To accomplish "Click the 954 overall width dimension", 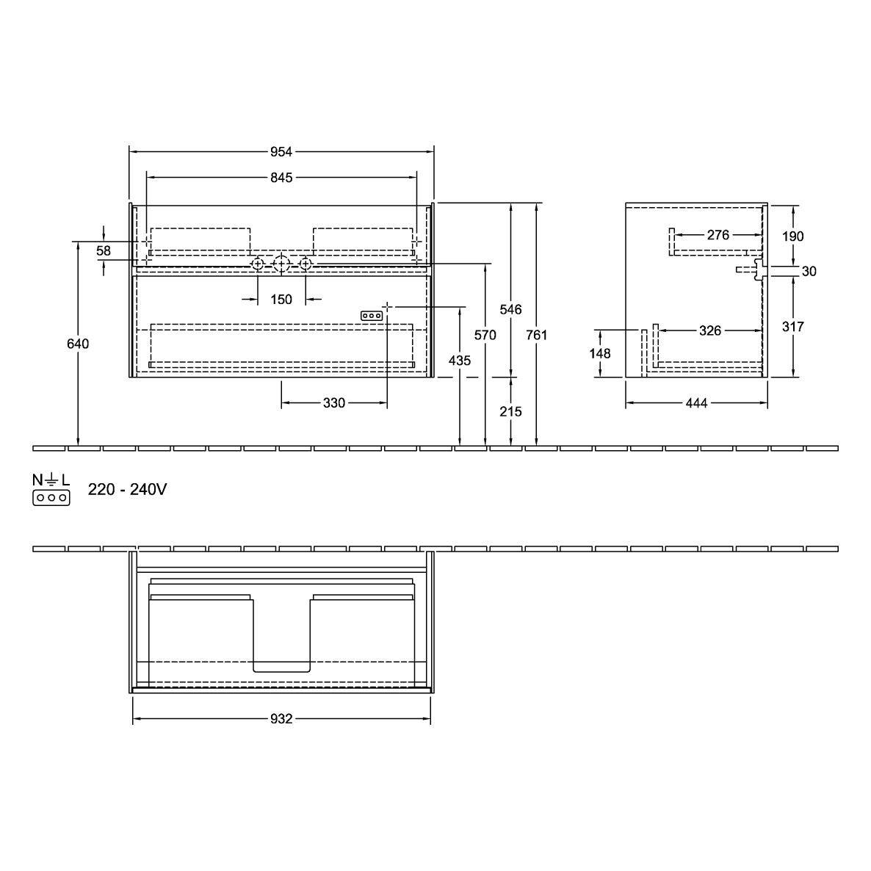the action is point(281,151).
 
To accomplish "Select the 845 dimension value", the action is point(281,177).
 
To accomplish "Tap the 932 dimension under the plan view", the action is point(281,719).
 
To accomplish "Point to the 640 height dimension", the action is point(78,344).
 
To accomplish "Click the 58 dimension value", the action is point(104,250).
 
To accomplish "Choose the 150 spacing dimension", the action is point(281,300).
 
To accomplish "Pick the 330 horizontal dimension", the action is point(334,402).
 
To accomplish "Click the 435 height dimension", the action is point(460,361).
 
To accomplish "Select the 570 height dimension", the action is point(485,335).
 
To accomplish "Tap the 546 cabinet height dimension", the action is point(510,309).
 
